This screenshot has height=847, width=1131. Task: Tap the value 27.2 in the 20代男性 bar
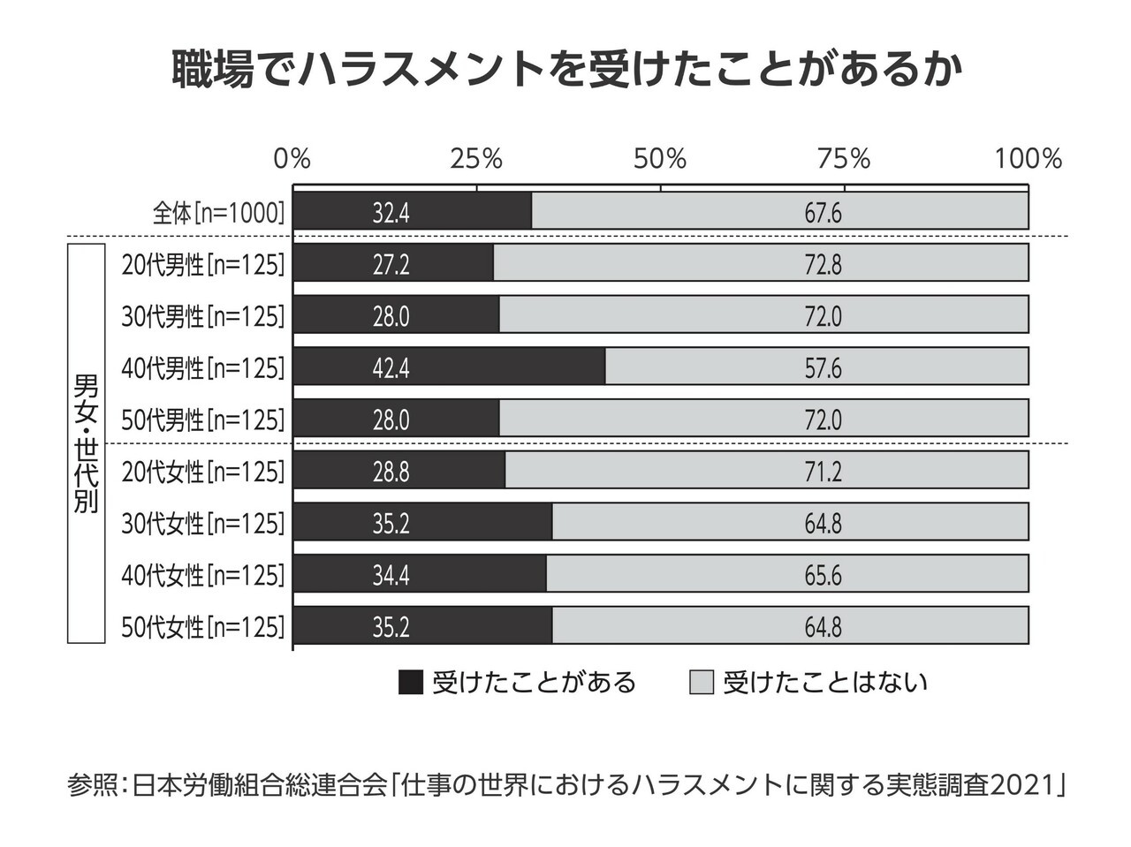click(x=391, y=264)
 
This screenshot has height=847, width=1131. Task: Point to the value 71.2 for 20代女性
click(x=823, y=472)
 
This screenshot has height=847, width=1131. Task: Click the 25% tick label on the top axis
click(x=476, y=159)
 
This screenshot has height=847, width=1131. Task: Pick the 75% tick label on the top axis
click(x=844, y=159)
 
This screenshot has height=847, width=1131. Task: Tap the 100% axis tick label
click(x=1028, y=159)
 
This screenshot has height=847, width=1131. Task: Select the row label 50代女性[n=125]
click(x=203, y=627)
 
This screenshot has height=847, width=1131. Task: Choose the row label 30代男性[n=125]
click(x=203, y=316)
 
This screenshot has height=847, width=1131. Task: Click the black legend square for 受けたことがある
click(x=411, y=683)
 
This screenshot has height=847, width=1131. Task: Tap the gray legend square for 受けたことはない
click(x=702, y=683)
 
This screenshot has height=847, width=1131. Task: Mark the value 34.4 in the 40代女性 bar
click(x=391, y=576)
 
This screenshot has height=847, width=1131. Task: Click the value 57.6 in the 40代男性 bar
click(x=823, y=368)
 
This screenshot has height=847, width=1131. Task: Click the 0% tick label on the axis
click(x=292, y=159)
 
